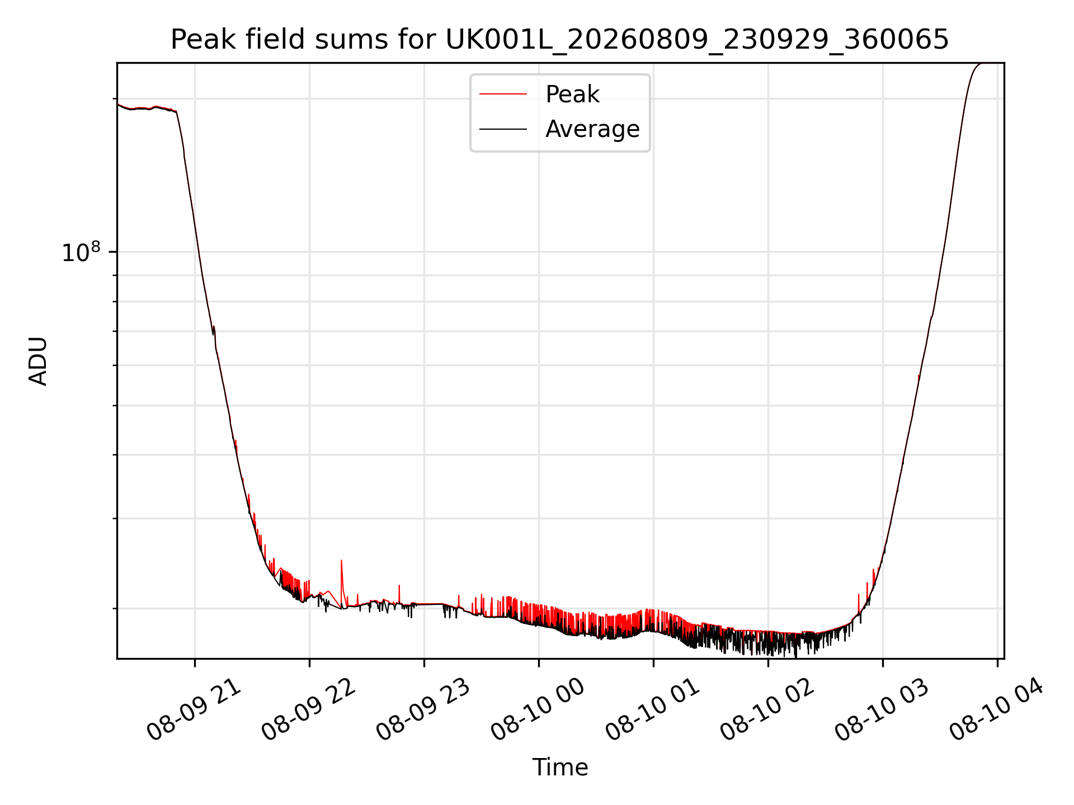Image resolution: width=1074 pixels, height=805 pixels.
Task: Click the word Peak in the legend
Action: (x=572, y=94)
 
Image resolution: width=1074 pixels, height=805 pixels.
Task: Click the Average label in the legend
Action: (x=592, y=129)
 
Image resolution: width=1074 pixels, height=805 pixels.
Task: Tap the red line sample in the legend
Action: (x=503, y=94)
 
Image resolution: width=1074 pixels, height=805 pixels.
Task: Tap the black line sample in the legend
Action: (x=503, y=129)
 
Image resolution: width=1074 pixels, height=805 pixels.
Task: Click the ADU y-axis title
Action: (x=38, y=361)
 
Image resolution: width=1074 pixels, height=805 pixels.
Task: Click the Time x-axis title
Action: (x=560, y=768)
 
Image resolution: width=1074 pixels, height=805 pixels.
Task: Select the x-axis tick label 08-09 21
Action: (x=194, y=710)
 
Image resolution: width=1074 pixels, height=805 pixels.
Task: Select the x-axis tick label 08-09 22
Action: (x=308, y=710)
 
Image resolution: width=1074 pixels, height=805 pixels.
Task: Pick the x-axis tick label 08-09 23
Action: (x=423, y=710)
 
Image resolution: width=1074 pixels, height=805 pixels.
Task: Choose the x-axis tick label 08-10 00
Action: (x=538, y=710)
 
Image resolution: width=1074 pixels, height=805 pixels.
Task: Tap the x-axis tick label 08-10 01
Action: (x=652, y=710)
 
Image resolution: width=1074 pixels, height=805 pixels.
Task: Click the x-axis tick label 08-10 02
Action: (x=767, y=710)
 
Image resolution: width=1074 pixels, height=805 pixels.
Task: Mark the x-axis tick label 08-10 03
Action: (x=882, y=710)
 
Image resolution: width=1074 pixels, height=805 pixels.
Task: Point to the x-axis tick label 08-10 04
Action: (x=996, y=710)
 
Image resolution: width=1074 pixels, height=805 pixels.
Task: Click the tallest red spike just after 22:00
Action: (x=341, y=561)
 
